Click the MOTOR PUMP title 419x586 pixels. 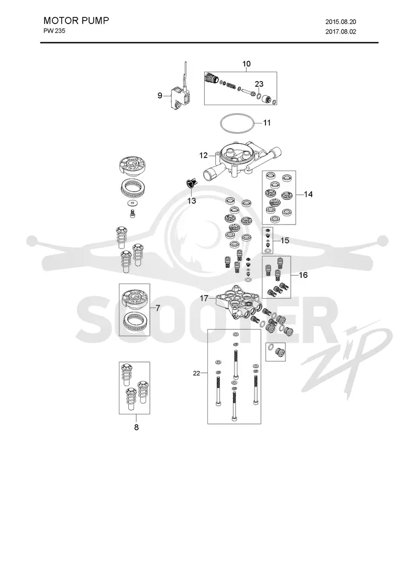click(x=76, y=20)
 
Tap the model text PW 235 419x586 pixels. click(x=54, y=31)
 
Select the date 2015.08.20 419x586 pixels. click(x=340, y=22)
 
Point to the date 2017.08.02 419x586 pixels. click(x=340, y=32)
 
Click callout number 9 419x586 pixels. click(x=160, y=96)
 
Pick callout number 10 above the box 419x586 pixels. click(x=246, y=64)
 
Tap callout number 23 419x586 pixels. click(x=259, y=84)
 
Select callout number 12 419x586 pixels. click(x=203, y=155)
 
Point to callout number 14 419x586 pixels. click(x=308, y=194)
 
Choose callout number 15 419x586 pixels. click(x=285, y=241)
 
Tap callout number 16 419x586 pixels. click(x=303, y=275)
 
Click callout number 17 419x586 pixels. click(x=204, y=298)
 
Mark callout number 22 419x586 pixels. click(x=196, y=373)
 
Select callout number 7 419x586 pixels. click(x=158, y=308)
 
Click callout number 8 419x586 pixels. click(x=136, y=427)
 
